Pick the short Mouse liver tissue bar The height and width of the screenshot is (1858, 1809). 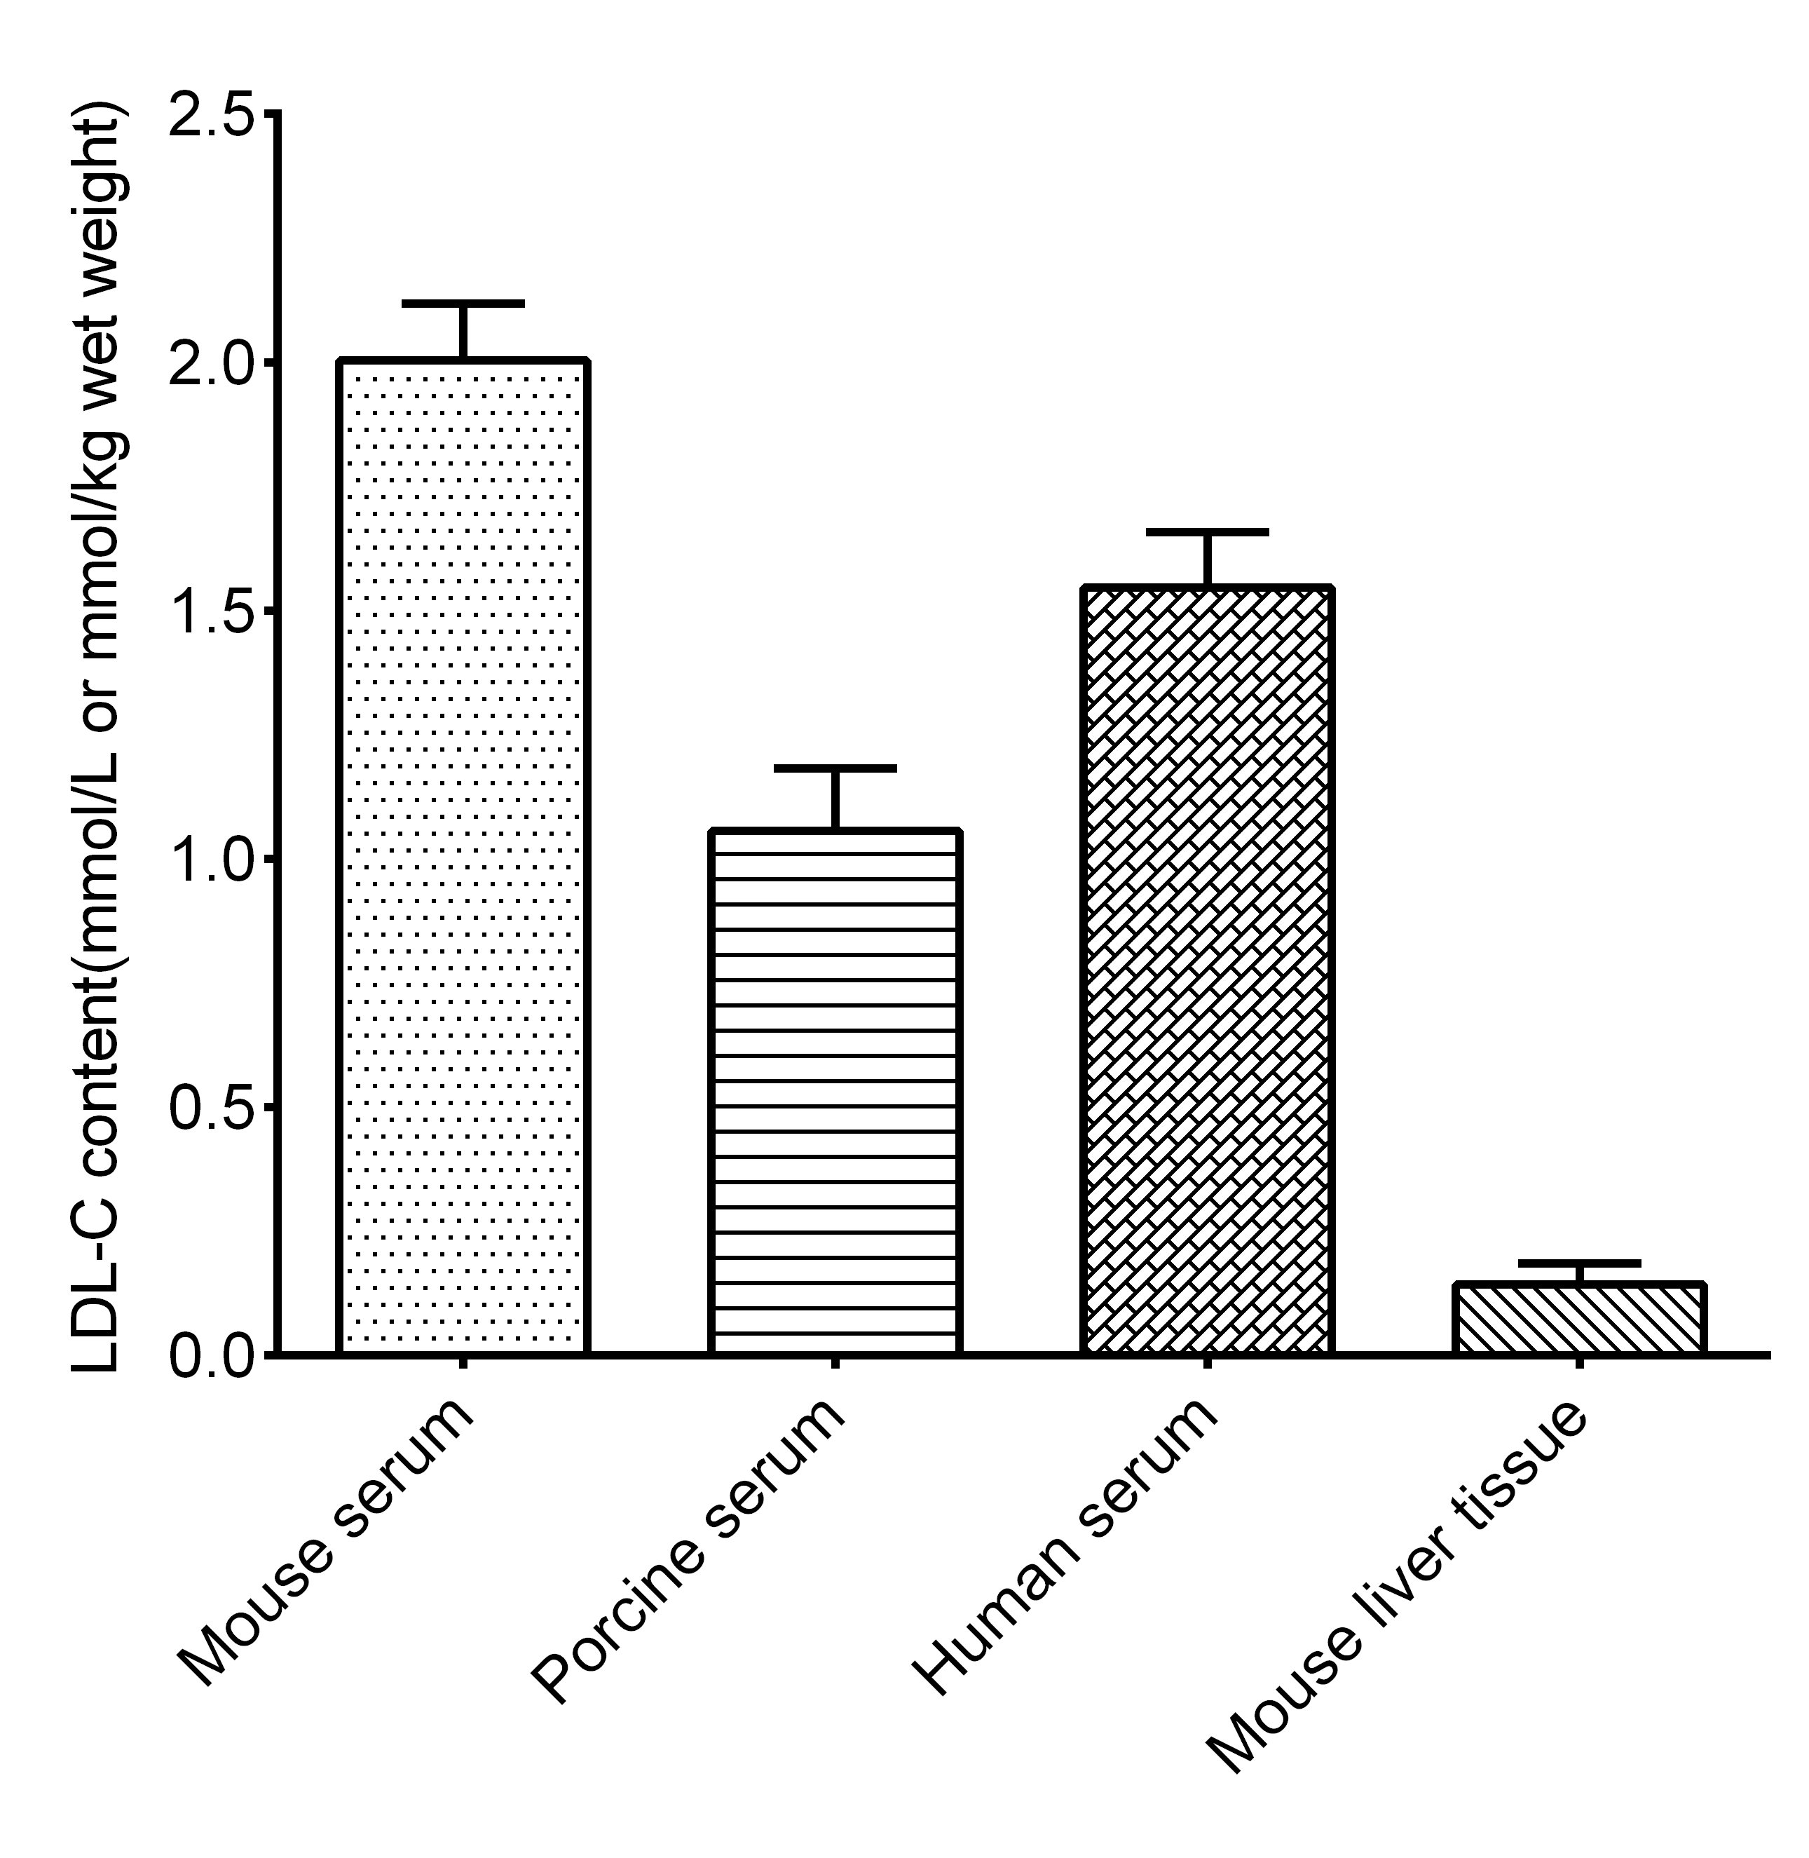tap(1579, 1318)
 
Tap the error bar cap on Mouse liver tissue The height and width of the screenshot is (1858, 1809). tap(1579, 1263)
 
